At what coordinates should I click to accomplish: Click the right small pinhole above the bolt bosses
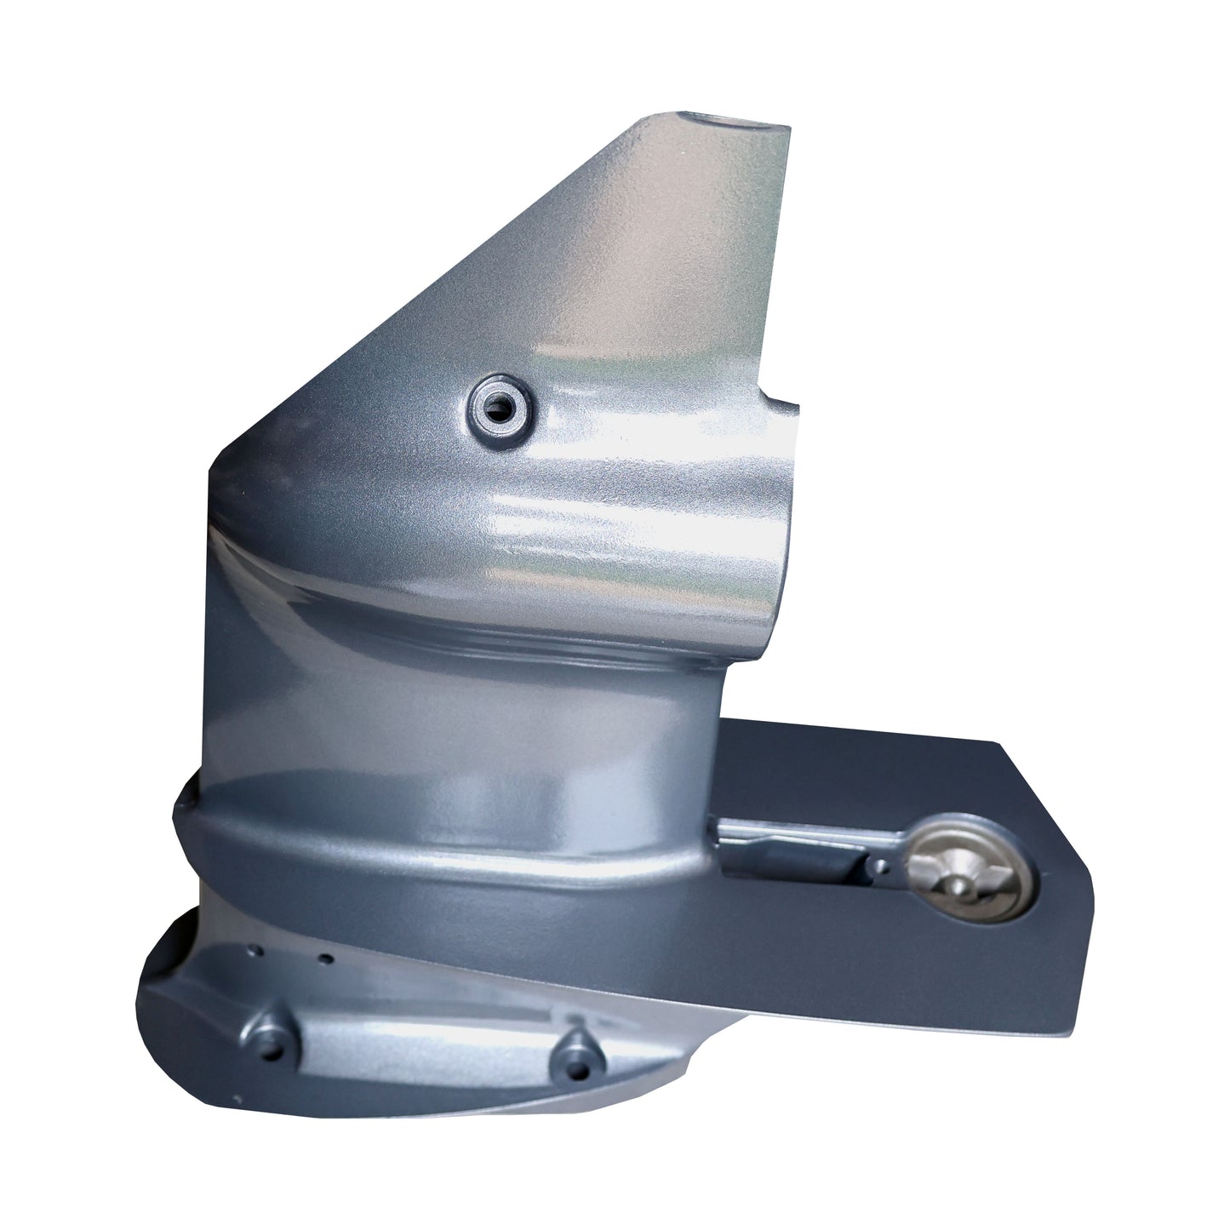324,958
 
